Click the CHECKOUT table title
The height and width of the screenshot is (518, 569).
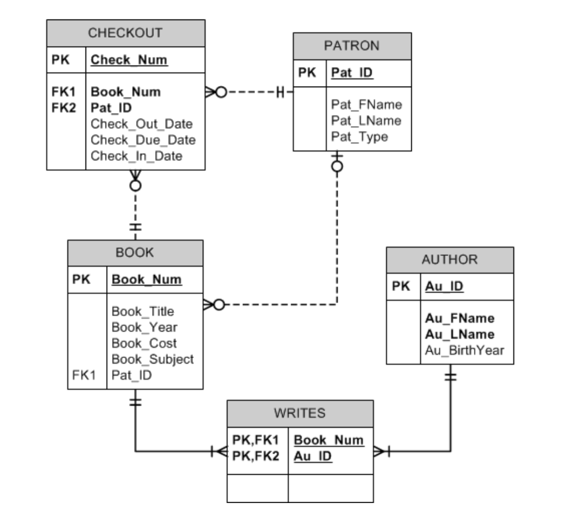pyautogui.click(x=125, y=33)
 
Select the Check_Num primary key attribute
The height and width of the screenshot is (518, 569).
pyautogui.click(x=129, y=59)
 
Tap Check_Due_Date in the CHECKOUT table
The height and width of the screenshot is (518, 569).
pyautogui.click(x=143, y=140)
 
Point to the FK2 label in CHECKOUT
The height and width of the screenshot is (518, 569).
pyautogui.click(x=63, y=108)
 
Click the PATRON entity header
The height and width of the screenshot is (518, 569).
pyautogui.click(x=352, y=46)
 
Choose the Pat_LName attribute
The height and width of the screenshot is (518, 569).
pyautogui.click(x=366, y=120)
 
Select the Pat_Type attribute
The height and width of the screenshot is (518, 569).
pyautogui.click(x=360, y=137)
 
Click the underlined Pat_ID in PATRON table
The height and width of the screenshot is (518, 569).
pyautogui.click(x=352, y=73)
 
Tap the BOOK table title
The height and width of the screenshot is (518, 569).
pyautogui.click(x=134, y=253)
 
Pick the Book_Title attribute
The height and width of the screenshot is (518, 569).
pyautogui.click(x=143, y=311)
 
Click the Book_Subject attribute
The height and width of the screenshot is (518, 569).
pyautogui.click(x=152, y=359)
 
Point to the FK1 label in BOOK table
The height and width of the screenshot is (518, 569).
pyautogui.click(x=83, y=375)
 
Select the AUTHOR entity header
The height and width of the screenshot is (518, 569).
pyautogui.click(x=450, y=259)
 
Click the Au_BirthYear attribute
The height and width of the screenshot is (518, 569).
pyautogui.click(x=465, y=350)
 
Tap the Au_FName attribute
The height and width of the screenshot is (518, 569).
pyautogui.click(x=460, y=318)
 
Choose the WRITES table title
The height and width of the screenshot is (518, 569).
pyautogui.click(x=300, y=413)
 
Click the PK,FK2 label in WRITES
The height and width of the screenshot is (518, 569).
pyautogui.click(x=256, y=456)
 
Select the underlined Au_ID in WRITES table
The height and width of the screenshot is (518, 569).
pyautogui.click(x=312, y=456)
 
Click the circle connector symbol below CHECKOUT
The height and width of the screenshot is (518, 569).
pyautogui.click(x=135, y=185)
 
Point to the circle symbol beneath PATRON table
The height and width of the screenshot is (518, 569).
pyautogui.click(x=337, y=167)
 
